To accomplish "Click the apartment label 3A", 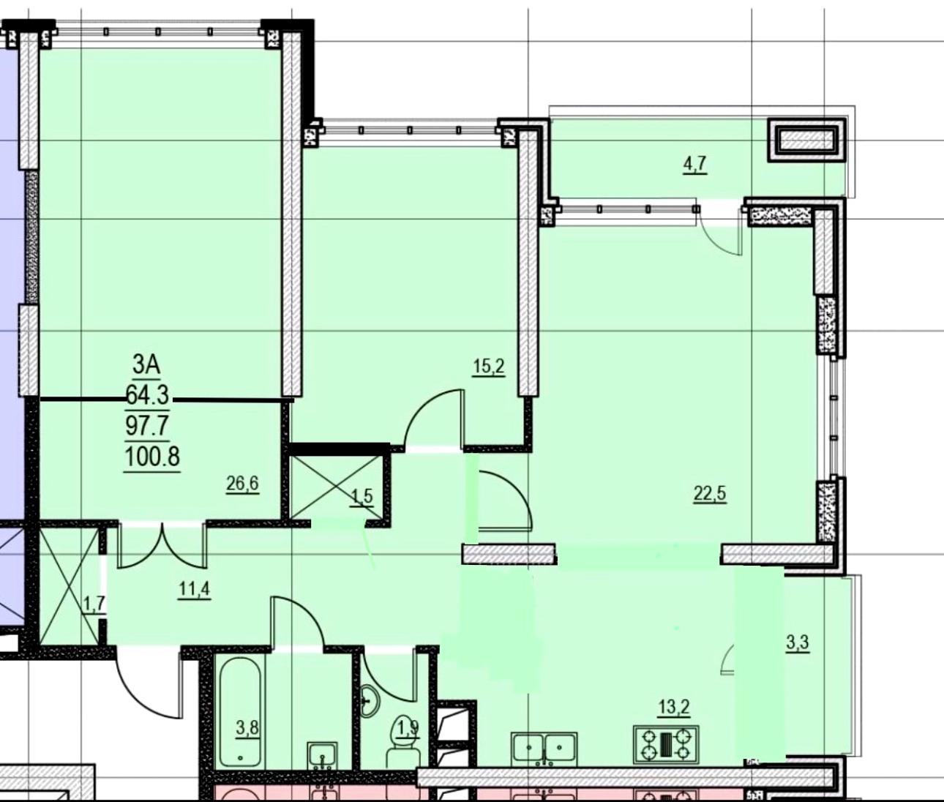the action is tap(146, 364).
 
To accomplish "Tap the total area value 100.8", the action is tap(152, 457).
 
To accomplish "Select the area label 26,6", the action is tap(242, 483).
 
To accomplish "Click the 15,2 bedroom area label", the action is tap(489, 366).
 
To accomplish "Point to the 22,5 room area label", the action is tap(710, 494).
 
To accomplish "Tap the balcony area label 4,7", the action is tap(695, 165).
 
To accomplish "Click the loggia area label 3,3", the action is tap(798, 643).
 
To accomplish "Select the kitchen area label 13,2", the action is tap(674, 708).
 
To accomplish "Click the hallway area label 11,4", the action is tap(194, 590).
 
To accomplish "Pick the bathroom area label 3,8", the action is tap(247, 727).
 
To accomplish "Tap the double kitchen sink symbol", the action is tap(544, 747).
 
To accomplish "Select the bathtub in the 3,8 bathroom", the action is tap(240, 713).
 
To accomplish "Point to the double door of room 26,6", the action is tap(162, 546).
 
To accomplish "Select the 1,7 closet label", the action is tap(95, 604).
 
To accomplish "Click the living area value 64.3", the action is tap(148, 394).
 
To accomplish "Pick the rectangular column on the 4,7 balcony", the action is tap(806, 140).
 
